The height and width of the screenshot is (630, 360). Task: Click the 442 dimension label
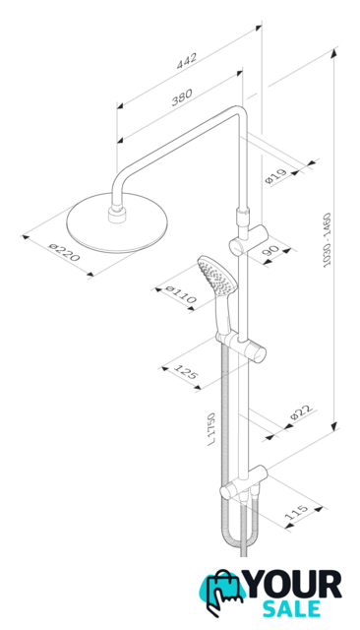pos(187,61)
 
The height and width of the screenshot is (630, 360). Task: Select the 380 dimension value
pos(182,96)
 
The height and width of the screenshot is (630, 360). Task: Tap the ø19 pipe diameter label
pos(276,176)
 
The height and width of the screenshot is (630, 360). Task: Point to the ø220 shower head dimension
pos(64,252)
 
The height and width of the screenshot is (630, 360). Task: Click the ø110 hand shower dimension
pos(181,294)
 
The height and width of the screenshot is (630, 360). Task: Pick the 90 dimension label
pos(271,252)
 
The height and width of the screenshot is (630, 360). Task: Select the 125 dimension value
pos(186,372)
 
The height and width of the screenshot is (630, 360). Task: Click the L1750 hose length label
pos(211,428)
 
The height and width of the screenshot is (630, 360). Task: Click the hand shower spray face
pos(217,278)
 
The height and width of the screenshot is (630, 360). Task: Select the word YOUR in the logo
pos(294,585)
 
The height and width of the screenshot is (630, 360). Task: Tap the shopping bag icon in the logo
pos(223,589)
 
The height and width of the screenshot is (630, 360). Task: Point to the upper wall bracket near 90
pos(249,240)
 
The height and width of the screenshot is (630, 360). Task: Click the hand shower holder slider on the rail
pos(242,345)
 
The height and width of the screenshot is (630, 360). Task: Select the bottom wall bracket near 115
pos(244,481)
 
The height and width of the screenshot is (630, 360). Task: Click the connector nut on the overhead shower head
pos(118,214)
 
